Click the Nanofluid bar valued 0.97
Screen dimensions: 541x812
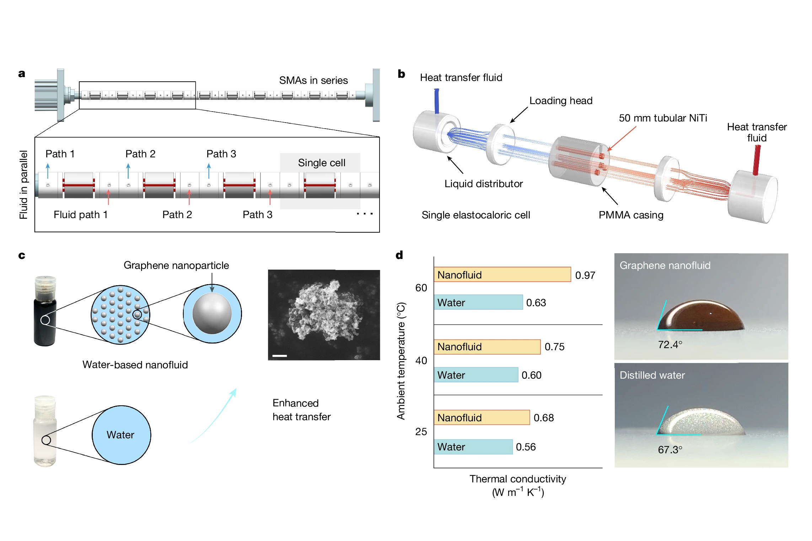[502, 275]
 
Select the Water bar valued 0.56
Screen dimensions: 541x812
[473, 447]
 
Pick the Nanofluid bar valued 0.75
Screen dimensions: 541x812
[487, 347]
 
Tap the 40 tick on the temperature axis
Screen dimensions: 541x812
[421, 361]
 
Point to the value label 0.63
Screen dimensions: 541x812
[536, 303]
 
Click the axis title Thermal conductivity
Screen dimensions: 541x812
[518, 479]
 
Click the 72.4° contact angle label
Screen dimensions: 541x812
[670, 345]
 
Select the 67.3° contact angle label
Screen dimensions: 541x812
[670, 450]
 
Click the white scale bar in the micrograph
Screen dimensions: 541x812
[280, 356]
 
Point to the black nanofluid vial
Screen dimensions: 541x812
[45, 320]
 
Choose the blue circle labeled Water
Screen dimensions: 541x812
[121, 435]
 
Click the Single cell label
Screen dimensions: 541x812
[321, 163]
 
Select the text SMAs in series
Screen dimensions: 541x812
[313, 80]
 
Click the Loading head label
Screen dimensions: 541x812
[561, 101]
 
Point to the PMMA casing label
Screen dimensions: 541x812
[631, 215]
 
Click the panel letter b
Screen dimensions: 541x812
[401, 74]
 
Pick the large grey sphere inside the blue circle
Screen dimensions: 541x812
[212, 313]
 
